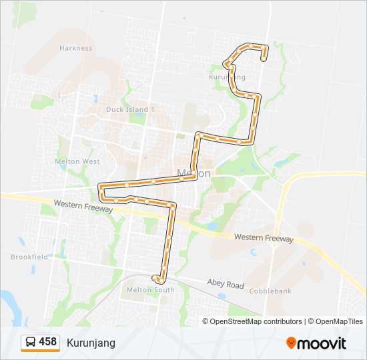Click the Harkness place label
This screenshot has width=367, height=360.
coord(75,48)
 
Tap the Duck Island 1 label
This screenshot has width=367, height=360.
coord(130,109)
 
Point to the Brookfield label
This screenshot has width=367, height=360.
coord(29,257)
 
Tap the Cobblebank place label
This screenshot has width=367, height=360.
coord(272,291)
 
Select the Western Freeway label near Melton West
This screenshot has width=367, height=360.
coord(83,205)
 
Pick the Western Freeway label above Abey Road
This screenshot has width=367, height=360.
coord(264,238)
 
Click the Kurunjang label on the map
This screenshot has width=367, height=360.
coord(228,77)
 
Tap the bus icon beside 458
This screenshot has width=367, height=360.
coord(31,342)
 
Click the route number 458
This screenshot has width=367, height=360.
coord(48,342)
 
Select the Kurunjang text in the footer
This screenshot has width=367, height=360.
coord(91,343)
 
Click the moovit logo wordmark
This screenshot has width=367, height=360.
coord(322,343)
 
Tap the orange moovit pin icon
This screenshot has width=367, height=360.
coord(291,343)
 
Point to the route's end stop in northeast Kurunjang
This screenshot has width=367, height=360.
coord(264,59)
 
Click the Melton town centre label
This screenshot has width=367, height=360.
coord(194,173)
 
